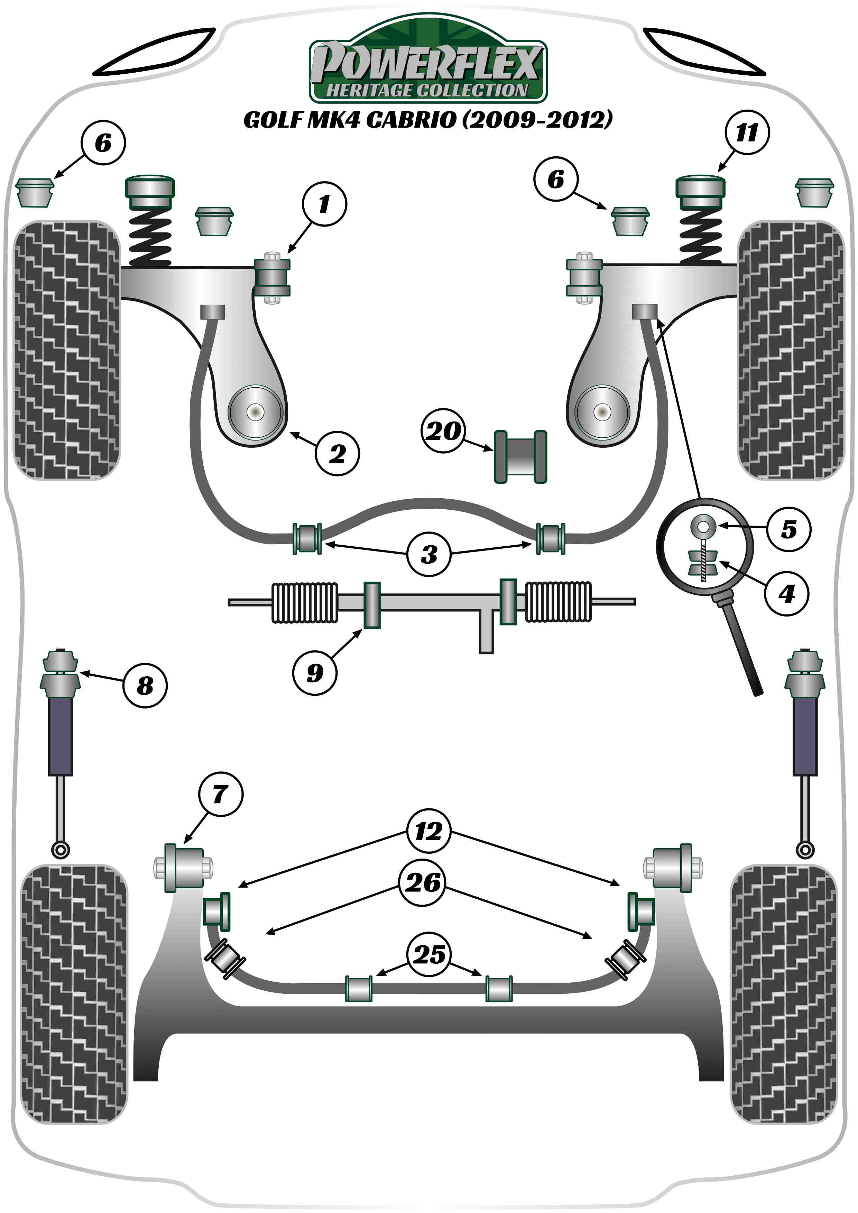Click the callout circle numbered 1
point(324,204)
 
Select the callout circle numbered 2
point(337,453)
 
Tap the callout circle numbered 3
point(429,554)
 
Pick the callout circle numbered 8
point(145,686)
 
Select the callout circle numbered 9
point(315,673)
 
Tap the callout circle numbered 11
point(747,132)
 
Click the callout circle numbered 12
point(428,832)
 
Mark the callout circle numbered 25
point(429,954)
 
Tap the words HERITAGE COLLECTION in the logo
point(427,90)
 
